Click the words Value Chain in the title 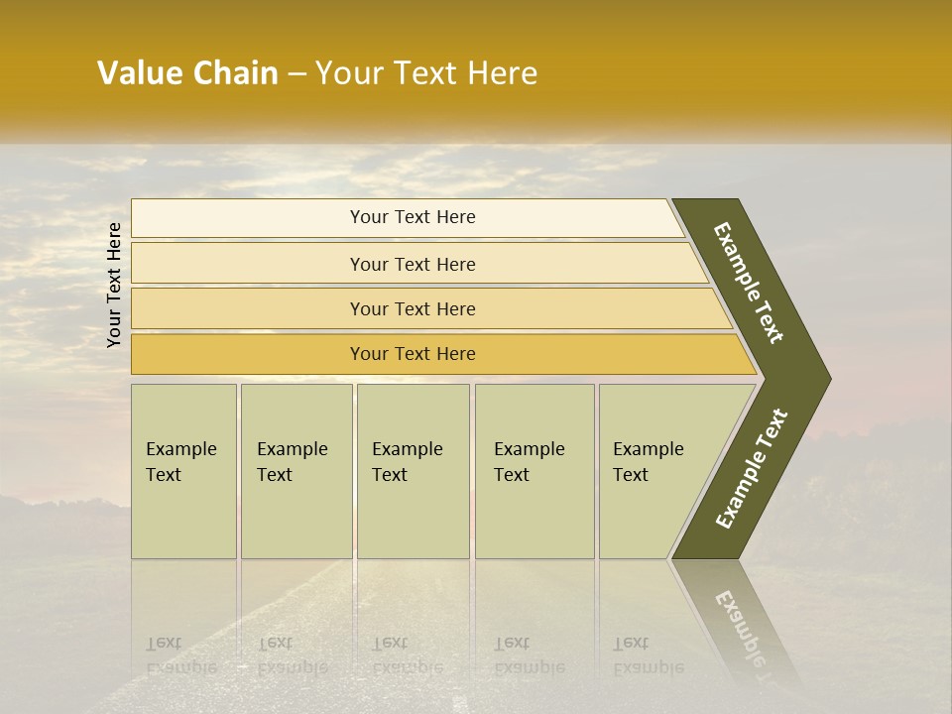pos(187,73)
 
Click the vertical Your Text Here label pos(114,285)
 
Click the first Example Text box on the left pos(183,471)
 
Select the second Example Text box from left pos(296,471)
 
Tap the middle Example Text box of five pos(413,471)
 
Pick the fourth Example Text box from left pos(535,471)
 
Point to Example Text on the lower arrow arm pos(752,469)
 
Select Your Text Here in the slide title pos(426,73)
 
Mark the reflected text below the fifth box pos(648,655)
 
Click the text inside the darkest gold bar pos(413,354)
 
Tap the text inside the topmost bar pos(413,217)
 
